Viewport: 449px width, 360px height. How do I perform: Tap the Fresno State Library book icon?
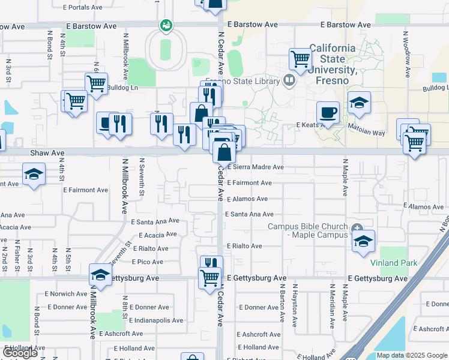(x=290, y=80)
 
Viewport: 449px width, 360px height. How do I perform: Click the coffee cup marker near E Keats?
(x=328, y=112)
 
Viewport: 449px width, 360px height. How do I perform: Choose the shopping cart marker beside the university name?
(x=300, y=59)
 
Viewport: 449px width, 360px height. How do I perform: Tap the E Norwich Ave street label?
(x=66, y=294)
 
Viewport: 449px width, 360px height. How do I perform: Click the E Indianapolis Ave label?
(x=155, y=320)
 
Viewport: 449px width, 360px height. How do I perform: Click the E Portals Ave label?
(x=83, y=8)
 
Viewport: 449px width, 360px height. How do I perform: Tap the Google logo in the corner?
(x=20, y=353)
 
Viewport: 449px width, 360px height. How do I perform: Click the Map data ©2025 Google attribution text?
(x=411, y=356)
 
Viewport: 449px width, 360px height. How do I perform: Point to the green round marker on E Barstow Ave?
(x=166, y=26)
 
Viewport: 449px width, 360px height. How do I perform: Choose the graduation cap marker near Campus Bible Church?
(x=363, y=242)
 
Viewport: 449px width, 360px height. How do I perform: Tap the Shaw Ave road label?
(x=48, y=154)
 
